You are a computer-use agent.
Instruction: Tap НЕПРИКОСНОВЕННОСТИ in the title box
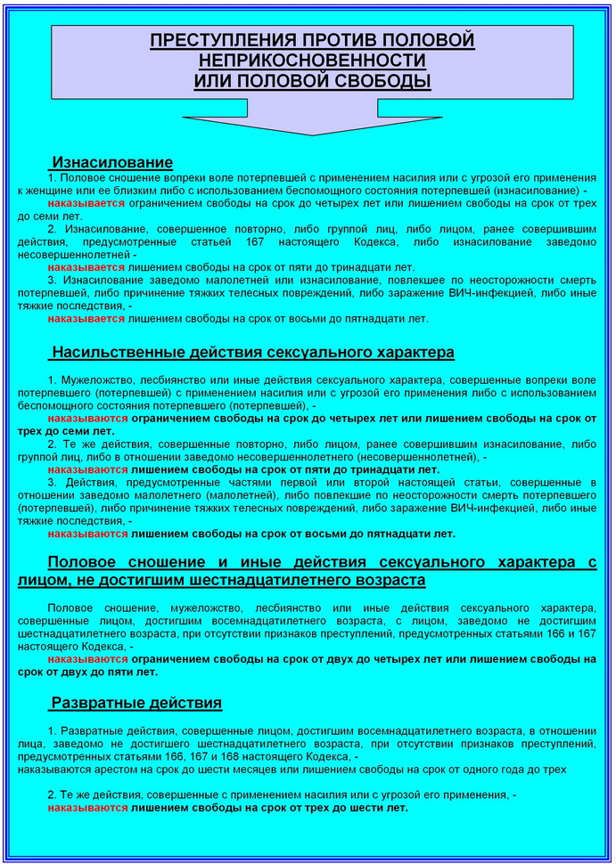[x=313, y=61]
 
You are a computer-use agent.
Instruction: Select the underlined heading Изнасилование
[x=112, y=163]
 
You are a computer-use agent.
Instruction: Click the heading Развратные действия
[x=136, y=703]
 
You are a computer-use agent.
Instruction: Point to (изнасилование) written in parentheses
[x=538, y=191]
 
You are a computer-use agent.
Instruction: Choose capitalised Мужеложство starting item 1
[x=94, y=380]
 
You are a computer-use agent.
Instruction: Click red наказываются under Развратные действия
[x=88, y=807]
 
